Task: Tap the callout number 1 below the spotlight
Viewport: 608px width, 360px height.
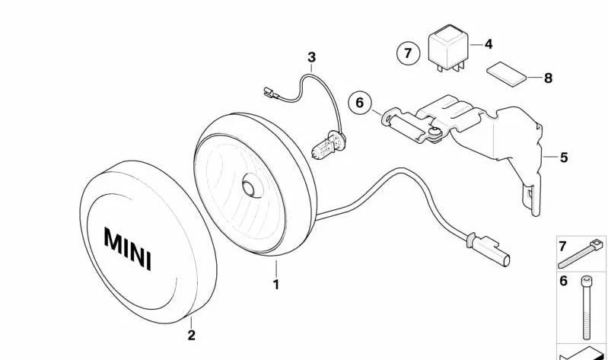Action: pyautogui.click(x=276, y=285)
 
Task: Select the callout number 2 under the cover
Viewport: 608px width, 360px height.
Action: pyautogui.click(x=191, y=335)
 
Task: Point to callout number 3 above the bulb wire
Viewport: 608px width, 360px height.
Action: pyautogui.click(x=312, y=57)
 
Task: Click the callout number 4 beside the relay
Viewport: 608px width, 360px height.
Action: pyautogui.click(x=489, y=44)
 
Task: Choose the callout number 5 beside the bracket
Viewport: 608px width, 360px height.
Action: pyautogui.click(x=564, y=158)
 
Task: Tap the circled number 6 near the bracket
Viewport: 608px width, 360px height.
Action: pyautogui.click(x=360, y=103)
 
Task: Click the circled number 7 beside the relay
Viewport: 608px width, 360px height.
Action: pyautogui.click(x=408, y=53)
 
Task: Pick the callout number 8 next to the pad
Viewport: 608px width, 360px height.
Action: pyautogui.click(x=549, y=78)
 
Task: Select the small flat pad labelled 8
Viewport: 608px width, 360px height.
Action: pyautogui.click(x=506, y=73)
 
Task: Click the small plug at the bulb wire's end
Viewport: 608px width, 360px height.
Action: pyautogui.click(x=271, y=93)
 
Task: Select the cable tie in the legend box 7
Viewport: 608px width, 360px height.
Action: pyautogui.click(x=581, y=254)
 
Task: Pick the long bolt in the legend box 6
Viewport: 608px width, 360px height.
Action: pyautogui.click(x=586, y=307)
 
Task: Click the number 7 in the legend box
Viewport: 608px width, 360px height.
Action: pyautogui.click(x=562, y=247)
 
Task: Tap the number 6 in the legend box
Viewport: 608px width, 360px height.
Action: pyautogui.click(x=563, y=281)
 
